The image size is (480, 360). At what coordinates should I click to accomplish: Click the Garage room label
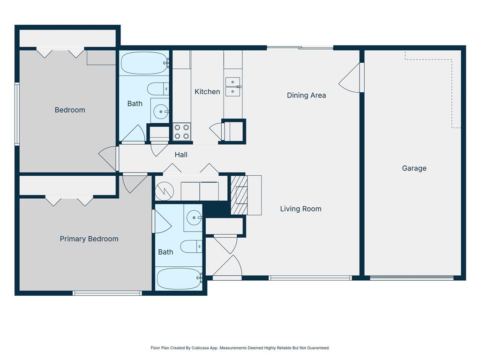point(414,168)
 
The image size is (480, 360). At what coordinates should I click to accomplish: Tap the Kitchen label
point(207,91)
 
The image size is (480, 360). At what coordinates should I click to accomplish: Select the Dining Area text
point(307,95)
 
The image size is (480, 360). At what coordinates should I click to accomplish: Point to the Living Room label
point(300,209)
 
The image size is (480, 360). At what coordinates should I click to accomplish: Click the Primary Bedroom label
point(89,239)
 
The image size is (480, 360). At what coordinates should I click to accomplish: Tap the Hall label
point(181,155)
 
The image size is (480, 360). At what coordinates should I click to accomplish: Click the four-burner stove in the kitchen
point(182,132)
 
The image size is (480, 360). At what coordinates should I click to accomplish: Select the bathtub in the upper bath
point(144,63)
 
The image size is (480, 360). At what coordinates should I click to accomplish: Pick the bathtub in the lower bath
point(179,278)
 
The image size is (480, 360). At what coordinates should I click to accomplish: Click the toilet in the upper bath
point(158,89)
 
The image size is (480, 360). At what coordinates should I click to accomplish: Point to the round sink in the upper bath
point(161,112)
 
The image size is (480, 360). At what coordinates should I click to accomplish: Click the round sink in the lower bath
point(194,217)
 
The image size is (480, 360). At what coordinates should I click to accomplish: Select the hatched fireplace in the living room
point(239,195)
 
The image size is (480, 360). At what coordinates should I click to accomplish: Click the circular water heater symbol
point(165,191)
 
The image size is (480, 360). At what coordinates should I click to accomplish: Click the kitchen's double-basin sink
point(233,87)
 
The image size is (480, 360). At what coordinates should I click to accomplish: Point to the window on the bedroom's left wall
point(17,113)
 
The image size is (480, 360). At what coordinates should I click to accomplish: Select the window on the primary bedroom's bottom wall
point(107,293)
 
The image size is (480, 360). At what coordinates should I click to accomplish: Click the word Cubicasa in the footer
point(200,348)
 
